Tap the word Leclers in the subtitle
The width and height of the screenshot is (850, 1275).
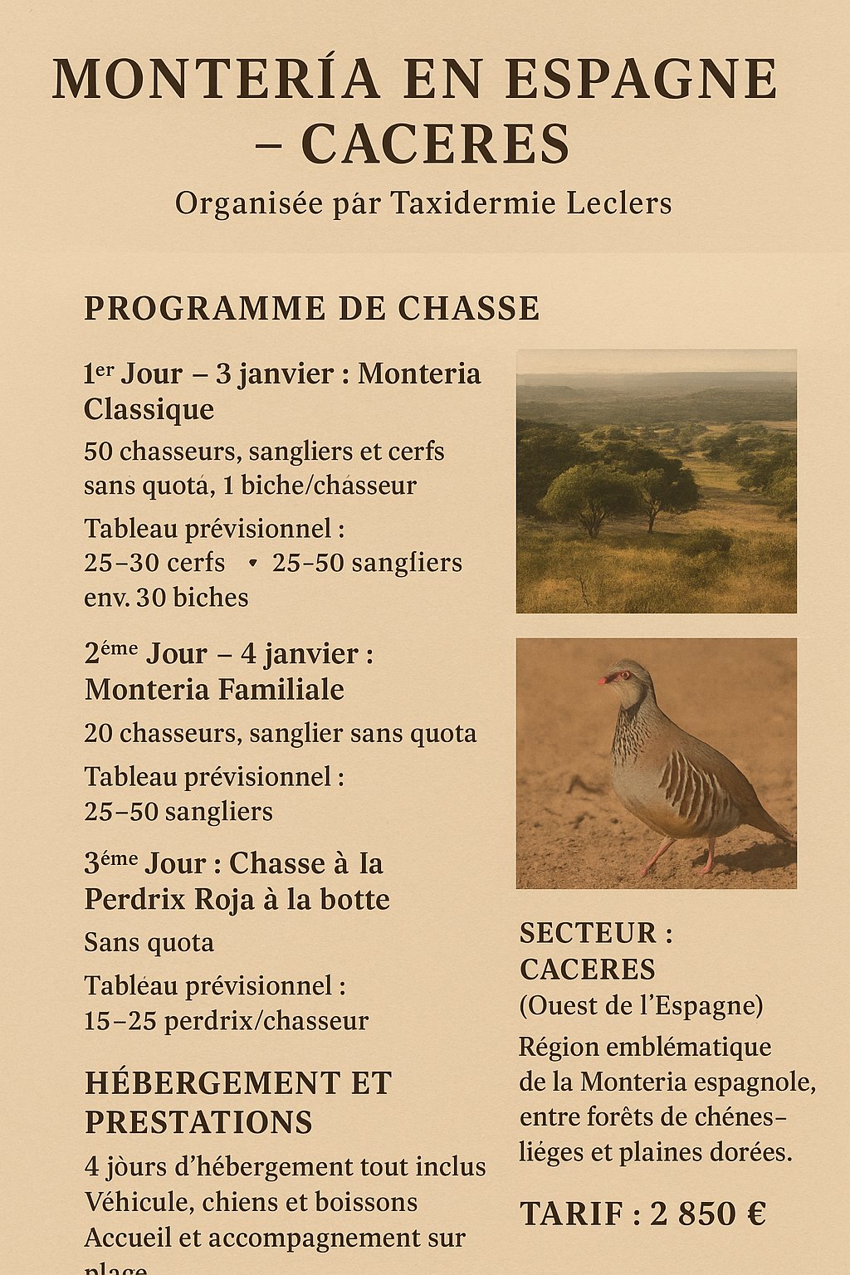[x=619, y=203]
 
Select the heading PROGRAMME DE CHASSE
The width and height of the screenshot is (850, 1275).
[x=311, y=309]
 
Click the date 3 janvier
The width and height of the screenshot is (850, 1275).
[x=274, y=374]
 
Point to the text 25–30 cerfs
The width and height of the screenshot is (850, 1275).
[x=154, y=563]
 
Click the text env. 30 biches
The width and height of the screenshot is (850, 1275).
[x=166, y=598]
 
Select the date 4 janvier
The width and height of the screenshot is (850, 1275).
[x=300, y=654]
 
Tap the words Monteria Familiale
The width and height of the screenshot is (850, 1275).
[x=214, y=690]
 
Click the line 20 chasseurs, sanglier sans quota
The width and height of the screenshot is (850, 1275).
[x=280, y=734]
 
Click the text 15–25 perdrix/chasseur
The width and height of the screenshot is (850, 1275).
[x=226, y=1021]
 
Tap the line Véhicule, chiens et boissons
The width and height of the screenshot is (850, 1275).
[x=251, y=1203]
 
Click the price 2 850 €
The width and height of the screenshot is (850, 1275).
[x=707, y=1214]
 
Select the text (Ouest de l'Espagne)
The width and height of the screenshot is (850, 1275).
[x=641, y=1006]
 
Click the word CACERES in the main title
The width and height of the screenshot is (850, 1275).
[x=435, y=144]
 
